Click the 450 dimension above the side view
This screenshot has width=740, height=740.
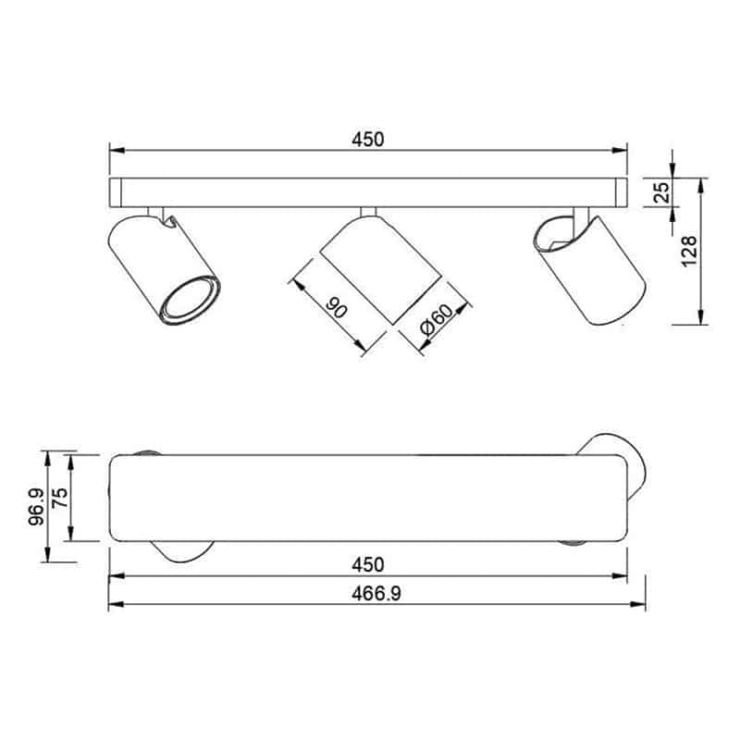tap(368, 140)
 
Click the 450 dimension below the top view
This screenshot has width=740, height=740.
tap(368, 565)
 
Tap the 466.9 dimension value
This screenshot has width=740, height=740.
tap(376, 594)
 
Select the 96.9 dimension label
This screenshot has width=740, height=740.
tap(36, 507)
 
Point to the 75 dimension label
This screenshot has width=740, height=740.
tap(60, 498)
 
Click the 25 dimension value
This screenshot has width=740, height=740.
tap(662, 192)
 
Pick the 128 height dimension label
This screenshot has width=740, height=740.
tap(689, 251)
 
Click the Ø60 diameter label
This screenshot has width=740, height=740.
tap(435, 319)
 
